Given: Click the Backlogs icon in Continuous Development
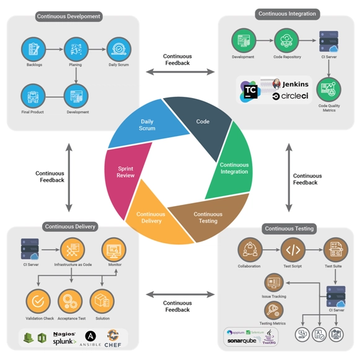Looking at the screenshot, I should pos(33,48).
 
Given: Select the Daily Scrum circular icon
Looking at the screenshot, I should pos(118,48).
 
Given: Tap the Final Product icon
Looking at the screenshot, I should pos(33,96).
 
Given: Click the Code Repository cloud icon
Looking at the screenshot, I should pos(286,41).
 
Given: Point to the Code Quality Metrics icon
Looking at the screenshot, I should pos(329,89).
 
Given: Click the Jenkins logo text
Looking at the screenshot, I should pos(294,84).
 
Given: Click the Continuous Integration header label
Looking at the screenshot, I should pos(287,14).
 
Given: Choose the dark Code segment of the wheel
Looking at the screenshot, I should pos(202,122).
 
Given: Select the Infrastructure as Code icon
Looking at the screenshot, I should pos(73,250).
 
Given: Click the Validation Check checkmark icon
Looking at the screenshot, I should pos(38,302).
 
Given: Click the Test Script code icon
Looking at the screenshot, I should pos(293,250).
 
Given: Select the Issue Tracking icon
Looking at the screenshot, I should pos(273,283).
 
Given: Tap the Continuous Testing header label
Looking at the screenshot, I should pos(289,228).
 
